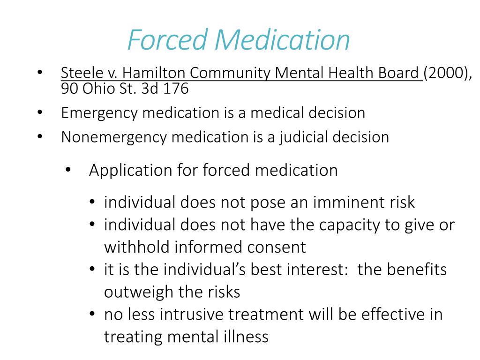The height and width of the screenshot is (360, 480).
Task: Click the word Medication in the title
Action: coord(283,40)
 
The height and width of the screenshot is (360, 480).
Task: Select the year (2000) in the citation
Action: coord(447,74)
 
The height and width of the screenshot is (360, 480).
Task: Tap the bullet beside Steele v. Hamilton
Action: coord(39,74)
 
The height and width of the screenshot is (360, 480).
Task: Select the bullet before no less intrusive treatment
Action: coord(93,315)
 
